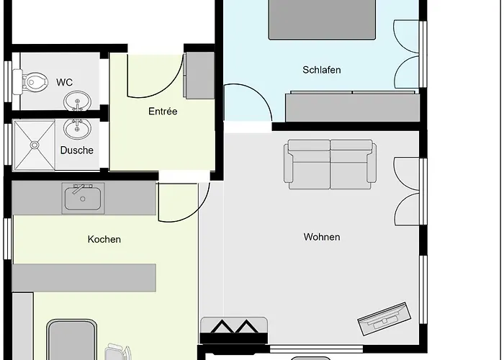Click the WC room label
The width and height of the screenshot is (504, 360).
[x=64, y=82]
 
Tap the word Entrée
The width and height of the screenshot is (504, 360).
[x=163, y=111]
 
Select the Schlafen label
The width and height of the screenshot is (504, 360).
[x=321, y=70]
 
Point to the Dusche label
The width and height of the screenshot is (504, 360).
[x=77, y=150]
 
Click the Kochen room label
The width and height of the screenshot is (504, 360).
[x=104, y=239]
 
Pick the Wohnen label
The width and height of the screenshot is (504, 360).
[x=322, y=237]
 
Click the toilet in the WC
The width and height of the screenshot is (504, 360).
[x=30, y=82]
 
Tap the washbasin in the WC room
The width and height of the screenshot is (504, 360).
[x=77, y=101]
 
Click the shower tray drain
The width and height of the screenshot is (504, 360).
[x=35, y=145]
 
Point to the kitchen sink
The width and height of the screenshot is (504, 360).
[x=83, y=198]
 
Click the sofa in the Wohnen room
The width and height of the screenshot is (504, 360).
[x=330, y=164]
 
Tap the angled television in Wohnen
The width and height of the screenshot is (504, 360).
[x=384, y=318]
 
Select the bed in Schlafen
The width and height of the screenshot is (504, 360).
[x=322, y=20]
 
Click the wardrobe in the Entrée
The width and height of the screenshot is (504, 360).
[x=199, y=75]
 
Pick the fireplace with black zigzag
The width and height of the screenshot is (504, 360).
[x=234, y=330]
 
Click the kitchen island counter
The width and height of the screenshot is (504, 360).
[x=84, y=278]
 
